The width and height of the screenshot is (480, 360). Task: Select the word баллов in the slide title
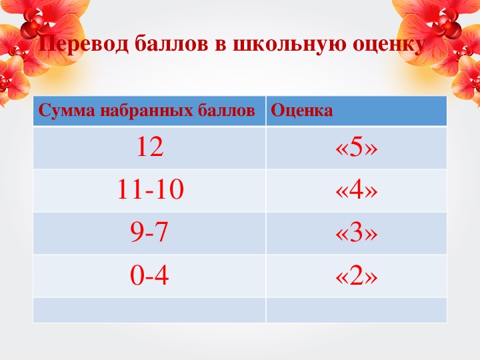171,44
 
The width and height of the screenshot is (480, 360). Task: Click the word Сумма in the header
67,111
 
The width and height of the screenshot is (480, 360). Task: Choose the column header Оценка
302,111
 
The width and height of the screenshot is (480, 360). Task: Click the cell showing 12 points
150,147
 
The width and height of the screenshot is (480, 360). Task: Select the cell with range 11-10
150,189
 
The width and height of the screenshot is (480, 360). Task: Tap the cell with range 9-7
149,232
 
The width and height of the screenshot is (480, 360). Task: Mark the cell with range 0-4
149,275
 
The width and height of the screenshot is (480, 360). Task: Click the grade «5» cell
356,147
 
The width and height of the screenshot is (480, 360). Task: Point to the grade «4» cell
356,189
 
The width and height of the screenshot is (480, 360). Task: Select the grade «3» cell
356,232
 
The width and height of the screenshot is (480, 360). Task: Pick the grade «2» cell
356,275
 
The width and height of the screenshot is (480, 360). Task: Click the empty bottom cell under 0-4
149,310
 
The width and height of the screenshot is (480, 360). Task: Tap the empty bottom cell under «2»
356,310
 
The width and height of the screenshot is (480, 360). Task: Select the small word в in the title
221,46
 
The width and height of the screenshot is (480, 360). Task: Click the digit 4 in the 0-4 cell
161,275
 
